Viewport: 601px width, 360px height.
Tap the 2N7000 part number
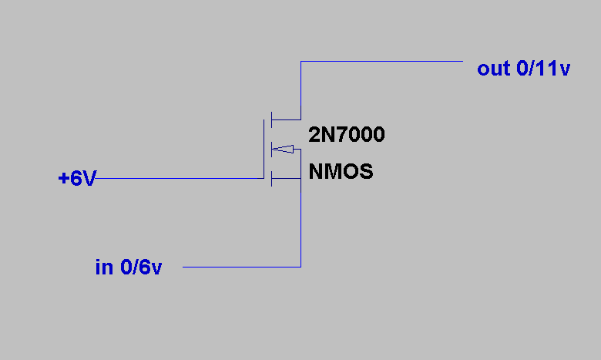347,136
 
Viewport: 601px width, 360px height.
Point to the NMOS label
341,171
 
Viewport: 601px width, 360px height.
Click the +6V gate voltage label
77,179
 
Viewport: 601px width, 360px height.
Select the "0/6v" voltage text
140,267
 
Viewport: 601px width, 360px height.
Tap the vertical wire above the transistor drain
300,89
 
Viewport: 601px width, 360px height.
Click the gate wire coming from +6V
177,179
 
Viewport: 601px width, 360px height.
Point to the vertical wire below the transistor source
300,224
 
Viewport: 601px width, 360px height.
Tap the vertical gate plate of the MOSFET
264,149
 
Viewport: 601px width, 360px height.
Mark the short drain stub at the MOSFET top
286,119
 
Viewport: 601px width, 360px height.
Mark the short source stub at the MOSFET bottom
286,179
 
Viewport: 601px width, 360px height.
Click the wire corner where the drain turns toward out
300,61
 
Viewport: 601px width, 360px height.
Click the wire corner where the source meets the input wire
300,267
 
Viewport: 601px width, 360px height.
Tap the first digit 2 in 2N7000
314,136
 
